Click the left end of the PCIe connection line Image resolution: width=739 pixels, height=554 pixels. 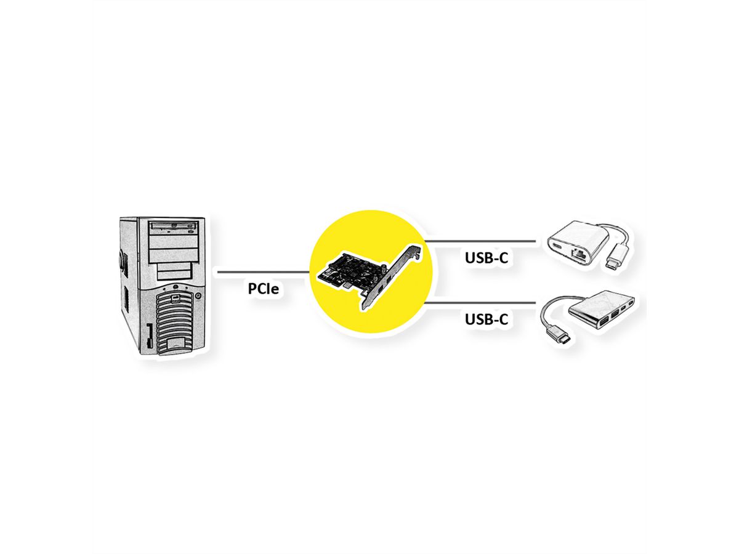click(x=218, y=271)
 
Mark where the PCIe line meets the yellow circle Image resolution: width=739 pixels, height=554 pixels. click(x=309, y=271)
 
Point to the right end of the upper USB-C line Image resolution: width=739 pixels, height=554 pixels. click(x=536, y=241)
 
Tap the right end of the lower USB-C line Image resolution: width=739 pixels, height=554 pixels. click(x=536, y=302)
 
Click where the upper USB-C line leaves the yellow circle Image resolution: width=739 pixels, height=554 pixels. click(x=426, y=241)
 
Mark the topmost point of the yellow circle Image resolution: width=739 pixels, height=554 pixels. click(x=371, y=211)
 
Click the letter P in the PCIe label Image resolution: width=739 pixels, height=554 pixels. click(x=253, y=288)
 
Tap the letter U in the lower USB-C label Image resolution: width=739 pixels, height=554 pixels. click(x=470, y=319)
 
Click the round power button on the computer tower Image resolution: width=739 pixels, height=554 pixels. click(x=198, y=295)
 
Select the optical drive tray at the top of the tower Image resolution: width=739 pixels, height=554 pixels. click(x=174, y=227)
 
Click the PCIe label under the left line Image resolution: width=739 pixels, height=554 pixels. click(x=264, y=288)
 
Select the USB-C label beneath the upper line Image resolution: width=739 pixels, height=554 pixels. click(x=486, y=258)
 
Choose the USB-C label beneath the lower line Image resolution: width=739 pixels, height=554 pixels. click(x=486, y=319)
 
